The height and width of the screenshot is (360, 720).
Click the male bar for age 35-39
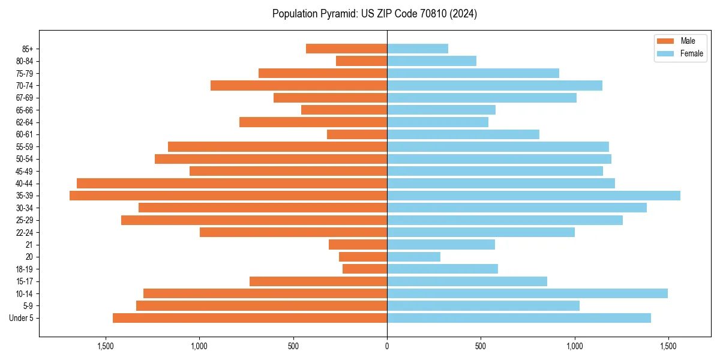228,196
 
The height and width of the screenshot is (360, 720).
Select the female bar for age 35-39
533,196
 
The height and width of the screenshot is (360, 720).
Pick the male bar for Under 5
250,318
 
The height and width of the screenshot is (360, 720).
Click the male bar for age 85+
346,49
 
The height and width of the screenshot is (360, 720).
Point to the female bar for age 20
413,257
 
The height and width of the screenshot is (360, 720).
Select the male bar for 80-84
361,61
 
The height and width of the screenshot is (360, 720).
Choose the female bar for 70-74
494,85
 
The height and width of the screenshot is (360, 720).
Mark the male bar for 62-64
313,122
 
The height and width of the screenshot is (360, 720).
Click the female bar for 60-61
463,134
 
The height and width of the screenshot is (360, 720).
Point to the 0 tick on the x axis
387,346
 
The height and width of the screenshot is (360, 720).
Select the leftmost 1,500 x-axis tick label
105,346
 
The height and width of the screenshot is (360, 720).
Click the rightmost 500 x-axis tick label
481,346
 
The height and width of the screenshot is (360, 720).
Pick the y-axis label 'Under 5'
22,318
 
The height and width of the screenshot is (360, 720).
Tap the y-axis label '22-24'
25,232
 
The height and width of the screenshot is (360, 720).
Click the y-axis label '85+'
26,49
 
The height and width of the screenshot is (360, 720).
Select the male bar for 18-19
364,269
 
